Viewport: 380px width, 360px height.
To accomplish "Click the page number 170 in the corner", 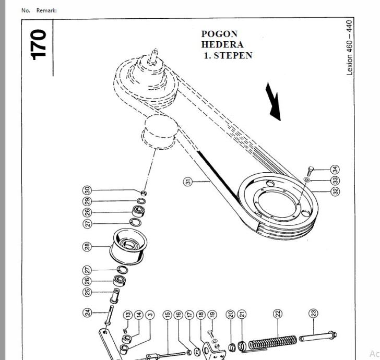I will click(x=38, y=44).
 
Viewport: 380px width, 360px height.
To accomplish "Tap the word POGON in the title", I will click(x=219, y=34).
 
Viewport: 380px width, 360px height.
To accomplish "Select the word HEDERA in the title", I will click(x=222, y=44).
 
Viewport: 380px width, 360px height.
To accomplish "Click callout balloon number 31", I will click(x=188, y=182).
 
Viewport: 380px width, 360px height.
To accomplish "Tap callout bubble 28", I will click(x=87, y=246).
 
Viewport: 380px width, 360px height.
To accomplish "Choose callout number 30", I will click(x=87, y=190).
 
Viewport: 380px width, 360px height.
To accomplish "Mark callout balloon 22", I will click(x=278, y=314).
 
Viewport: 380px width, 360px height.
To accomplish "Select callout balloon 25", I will click(x=87, y=292).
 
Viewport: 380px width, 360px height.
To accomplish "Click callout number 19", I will click(x=212, y=315).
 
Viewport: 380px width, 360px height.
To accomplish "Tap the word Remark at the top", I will click(x=46, y=10).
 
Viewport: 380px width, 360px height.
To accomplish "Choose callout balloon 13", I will click(x=128, y=315).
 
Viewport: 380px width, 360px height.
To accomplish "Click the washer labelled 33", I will click(x=306, y=179).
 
